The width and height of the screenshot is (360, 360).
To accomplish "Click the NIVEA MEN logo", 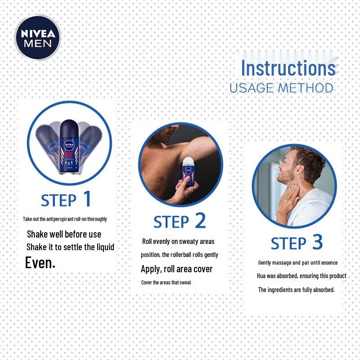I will point(37,38).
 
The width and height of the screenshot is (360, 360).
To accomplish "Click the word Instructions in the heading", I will point(288,68).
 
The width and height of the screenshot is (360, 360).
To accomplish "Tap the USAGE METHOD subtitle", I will point(281,88).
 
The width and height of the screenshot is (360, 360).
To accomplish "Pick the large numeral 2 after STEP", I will point(200,220).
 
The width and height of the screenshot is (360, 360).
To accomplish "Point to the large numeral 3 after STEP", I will point(317,242).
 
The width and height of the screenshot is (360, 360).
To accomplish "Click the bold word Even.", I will point(40,262).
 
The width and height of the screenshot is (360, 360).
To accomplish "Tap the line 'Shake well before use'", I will point(64,234).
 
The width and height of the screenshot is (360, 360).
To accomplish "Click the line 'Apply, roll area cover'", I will point(176,269).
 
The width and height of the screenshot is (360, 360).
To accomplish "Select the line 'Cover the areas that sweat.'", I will point(166,283).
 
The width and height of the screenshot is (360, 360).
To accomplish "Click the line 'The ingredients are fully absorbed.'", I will point(296,290).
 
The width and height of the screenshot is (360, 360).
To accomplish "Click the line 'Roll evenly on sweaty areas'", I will point(178,242).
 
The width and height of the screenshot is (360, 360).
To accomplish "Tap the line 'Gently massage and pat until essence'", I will point(297,263).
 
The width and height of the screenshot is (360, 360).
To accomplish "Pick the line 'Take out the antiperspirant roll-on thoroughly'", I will point(65,219).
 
